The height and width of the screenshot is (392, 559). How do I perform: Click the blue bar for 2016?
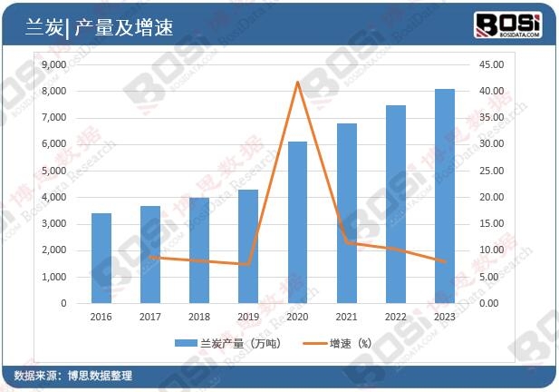click(101, 258)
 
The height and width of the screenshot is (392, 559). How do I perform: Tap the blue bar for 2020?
click(298, 221)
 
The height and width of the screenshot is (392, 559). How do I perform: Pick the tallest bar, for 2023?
click(445, 195)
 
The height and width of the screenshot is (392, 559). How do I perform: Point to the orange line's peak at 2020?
click(298, 82)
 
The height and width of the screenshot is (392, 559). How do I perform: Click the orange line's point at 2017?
click(150, 257)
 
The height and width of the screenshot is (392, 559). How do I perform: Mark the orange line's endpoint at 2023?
click(445, 261)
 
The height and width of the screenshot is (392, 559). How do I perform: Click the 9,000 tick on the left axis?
click(54, 65)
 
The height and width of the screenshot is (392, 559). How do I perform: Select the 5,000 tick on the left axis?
click(54, 171)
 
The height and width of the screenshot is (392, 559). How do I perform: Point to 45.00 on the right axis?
click(489, 65)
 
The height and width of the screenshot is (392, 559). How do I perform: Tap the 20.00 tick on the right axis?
click(489, 197)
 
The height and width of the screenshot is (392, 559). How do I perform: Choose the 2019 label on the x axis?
click(248, 316)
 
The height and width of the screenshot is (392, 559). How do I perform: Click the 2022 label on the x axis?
click(396, 316)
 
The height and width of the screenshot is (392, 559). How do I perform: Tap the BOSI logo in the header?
click(507, 24)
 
